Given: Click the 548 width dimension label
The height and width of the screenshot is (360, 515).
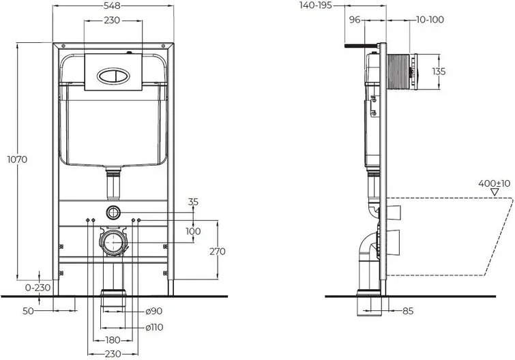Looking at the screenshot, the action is pos(112,5).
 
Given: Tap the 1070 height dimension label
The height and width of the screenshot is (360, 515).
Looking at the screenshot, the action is pos(18,160).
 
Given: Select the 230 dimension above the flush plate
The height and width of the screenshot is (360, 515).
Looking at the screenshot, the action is pos(112,20).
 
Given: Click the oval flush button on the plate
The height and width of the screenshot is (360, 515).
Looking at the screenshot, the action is pos(111,76).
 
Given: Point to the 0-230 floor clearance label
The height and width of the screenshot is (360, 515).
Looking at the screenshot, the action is pos(38,288).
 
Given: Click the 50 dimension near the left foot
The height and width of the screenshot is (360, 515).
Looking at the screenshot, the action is pos(28,311).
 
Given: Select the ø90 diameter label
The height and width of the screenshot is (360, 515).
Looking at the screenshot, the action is pos(154,311).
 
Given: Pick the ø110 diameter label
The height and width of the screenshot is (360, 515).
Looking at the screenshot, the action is pos(154,327).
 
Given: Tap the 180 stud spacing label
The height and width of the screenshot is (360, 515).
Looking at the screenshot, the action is pos(113,340).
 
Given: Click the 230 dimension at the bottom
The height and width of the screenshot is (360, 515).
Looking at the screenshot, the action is pos(113,355).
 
